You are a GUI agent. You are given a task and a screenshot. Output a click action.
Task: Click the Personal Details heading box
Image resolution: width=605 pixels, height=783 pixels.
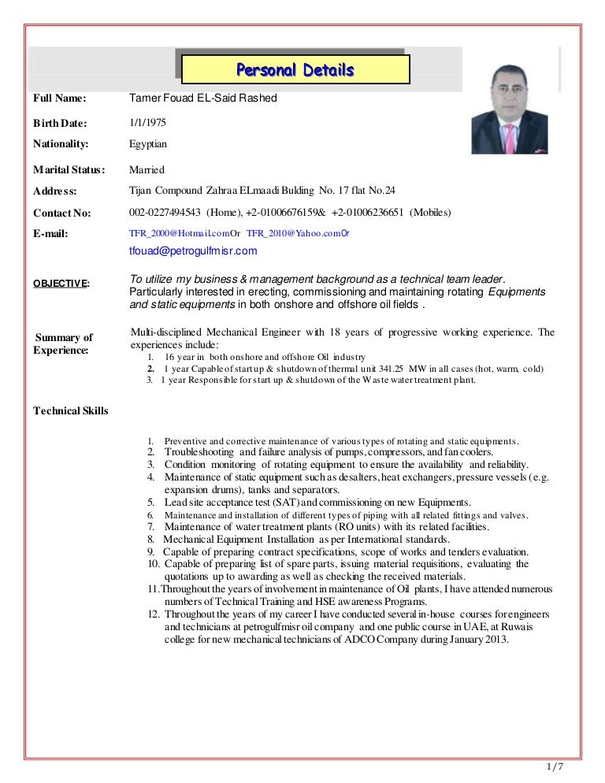(x=295, y=70)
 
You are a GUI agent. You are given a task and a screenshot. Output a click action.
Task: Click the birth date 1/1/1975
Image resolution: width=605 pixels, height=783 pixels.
(x=147, y=124)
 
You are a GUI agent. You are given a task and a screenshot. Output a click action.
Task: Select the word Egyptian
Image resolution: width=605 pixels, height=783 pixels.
(x=148, y=144)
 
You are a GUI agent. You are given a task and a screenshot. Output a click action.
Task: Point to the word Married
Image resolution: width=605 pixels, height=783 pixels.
(x=147, y=170)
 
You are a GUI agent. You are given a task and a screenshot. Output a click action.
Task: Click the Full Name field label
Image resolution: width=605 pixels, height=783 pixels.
(x=59, y=98)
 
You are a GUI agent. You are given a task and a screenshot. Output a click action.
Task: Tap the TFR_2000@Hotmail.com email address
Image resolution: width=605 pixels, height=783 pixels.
(x=178, y=233)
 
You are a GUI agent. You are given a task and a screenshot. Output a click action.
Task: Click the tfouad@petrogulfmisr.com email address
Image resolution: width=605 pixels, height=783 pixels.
(x=193, y=251)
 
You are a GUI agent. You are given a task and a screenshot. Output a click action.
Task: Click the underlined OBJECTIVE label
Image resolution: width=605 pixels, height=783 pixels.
(x=61, y=284)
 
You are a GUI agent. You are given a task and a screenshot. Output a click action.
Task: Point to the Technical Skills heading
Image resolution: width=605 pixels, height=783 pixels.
(x=71, y=411)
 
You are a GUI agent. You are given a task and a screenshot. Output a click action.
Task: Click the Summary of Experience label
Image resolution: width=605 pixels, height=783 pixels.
(x=64, y=343)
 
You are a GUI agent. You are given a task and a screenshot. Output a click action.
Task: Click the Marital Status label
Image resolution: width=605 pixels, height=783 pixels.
(x=69, y=170)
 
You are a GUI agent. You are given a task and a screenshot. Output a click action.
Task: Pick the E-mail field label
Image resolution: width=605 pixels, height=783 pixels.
(x=50, y=233)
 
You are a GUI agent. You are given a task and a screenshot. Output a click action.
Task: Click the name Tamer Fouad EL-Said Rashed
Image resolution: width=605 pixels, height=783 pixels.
(x=203, y=98)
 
